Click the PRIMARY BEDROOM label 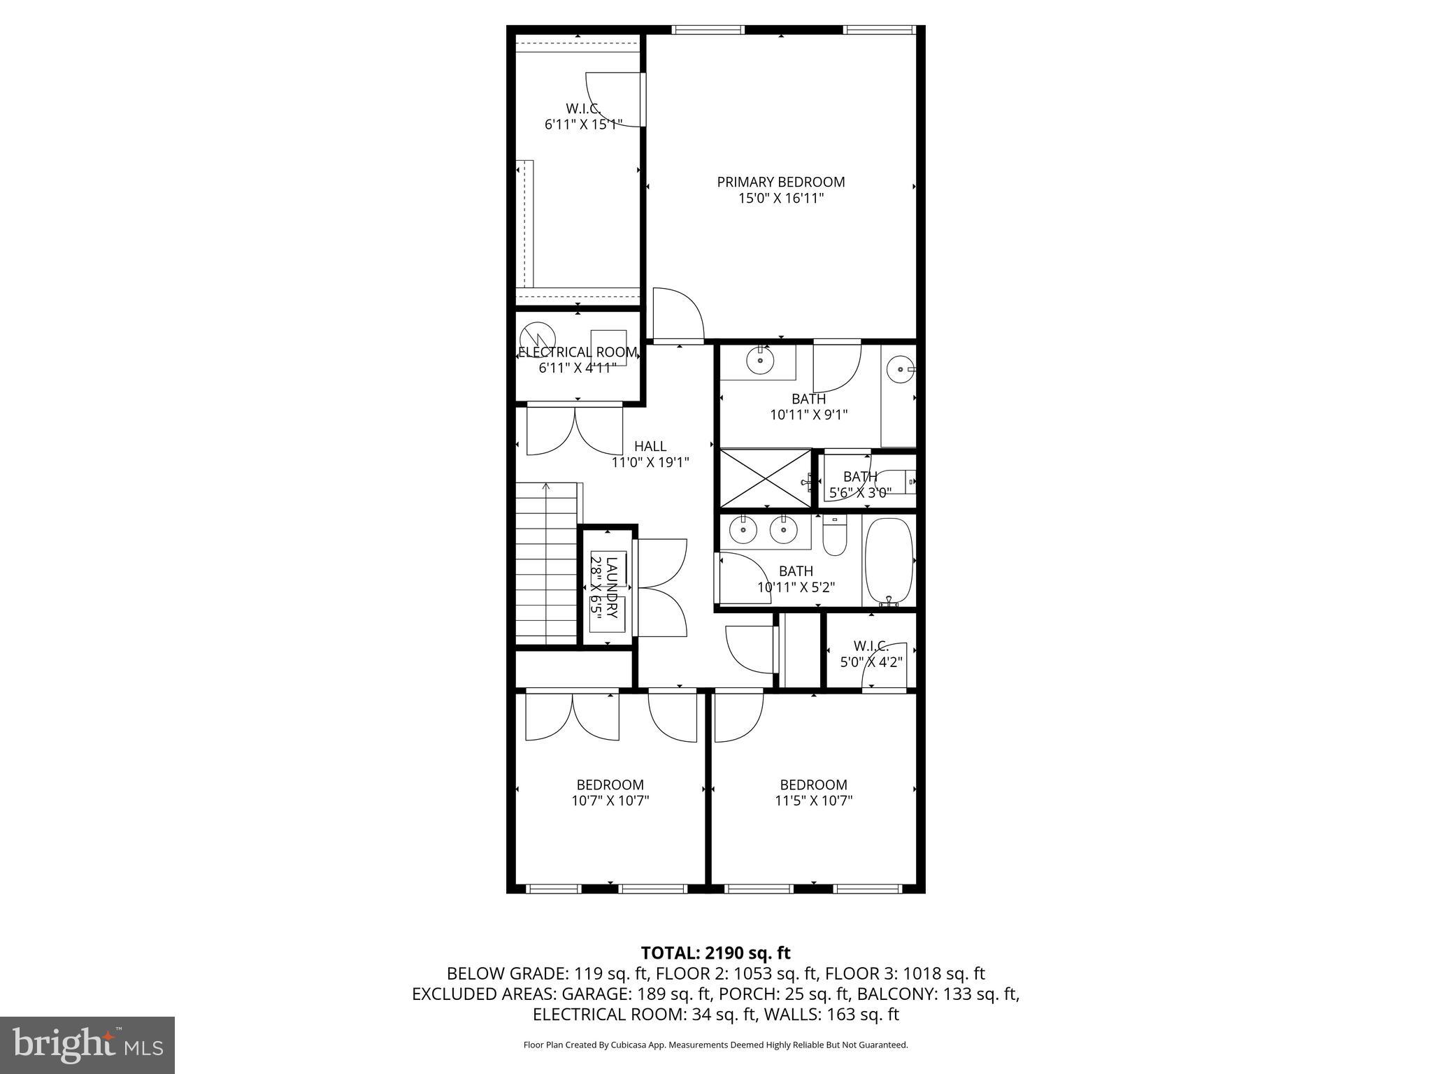pos(781,182)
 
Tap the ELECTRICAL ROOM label pos(578,352)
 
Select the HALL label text pos(650,446)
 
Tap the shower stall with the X pos(766,478)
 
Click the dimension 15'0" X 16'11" pos(781,199)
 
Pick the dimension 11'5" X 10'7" pos(814,801)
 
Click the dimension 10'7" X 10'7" pos(610,801)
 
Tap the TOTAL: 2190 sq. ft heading pos(715,952)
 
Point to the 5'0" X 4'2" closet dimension pos(871,661)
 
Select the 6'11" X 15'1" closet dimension pos(583,125)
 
